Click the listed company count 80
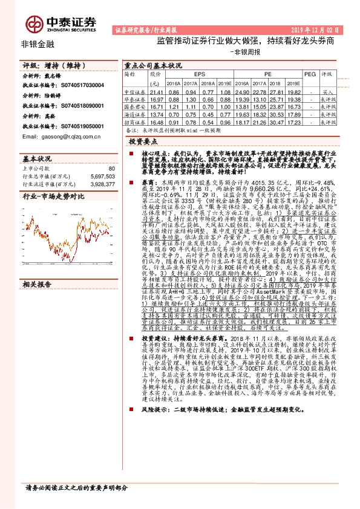pos(111,169)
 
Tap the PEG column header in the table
pos(310,73)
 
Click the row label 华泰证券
pos(134,98)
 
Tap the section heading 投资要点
pos(143,139)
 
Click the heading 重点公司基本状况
pos(152,65)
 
